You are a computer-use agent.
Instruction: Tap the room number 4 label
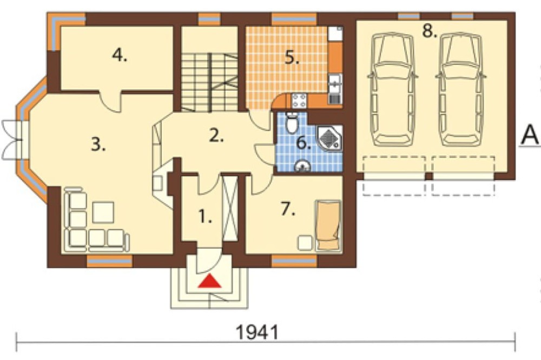click(x=120, y=55)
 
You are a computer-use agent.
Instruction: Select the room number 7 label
click(x=288, y=209)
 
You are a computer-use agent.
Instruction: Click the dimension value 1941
click(x=258, y=332)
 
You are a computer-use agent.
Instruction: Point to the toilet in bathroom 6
click(x=292, y=122)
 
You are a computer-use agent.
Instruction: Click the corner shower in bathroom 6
click(x=330, y=138)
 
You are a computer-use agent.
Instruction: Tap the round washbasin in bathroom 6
click(x=303, y=166)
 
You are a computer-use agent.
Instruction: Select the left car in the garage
click(x=393, y=89)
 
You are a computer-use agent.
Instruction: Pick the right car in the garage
click(x=461, y=89)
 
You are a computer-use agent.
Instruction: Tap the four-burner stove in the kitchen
click(x=299, y=101)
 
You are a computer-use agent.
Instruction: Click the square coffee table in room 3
click(x=103, y=212)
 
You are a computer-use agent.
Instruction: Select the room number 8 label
click(x=430, y=31)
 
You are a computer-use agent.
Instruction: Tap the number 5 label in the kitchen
click(x=292, y=58)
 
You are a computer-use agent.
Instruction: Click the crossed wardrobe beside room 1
click(x=230, y=208)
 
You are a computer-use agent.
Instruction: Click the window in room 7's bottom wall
click(x=294, y=262)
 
